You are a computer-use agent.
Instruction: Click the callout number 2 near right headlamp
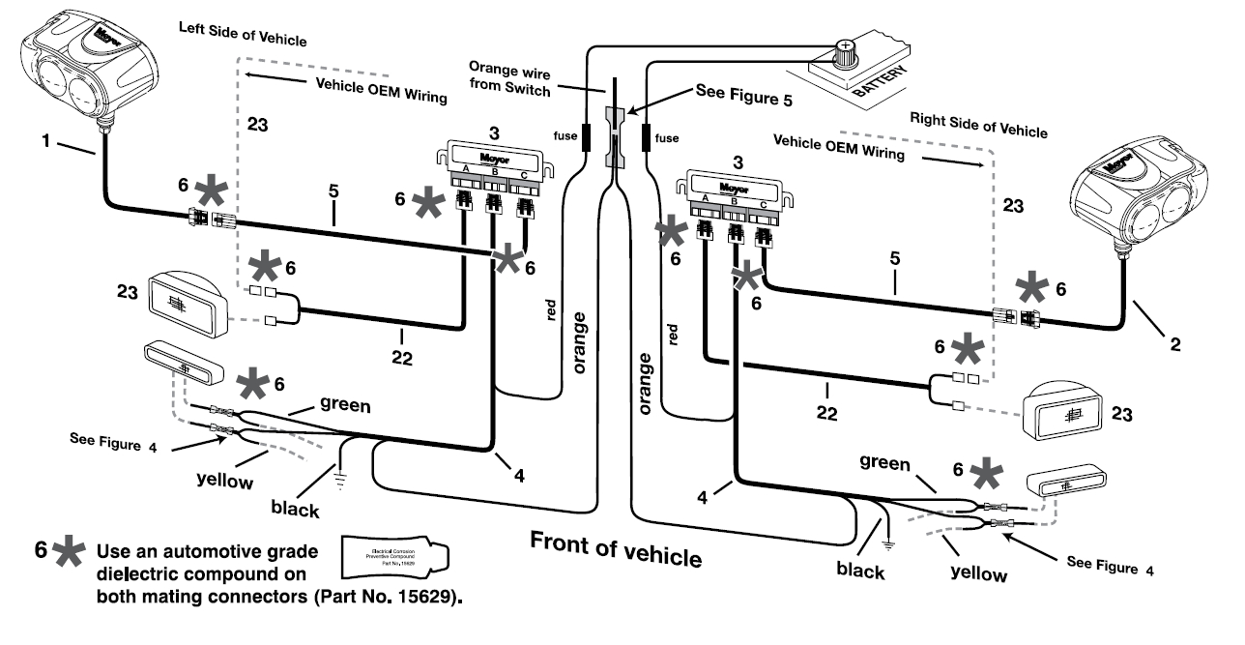click(x=1173, y=341)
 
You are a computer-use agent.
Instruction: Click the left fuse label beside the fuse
click(x=565, y=138)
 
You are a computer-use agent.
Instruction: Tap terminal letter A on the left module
click(x=463, y=170)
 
